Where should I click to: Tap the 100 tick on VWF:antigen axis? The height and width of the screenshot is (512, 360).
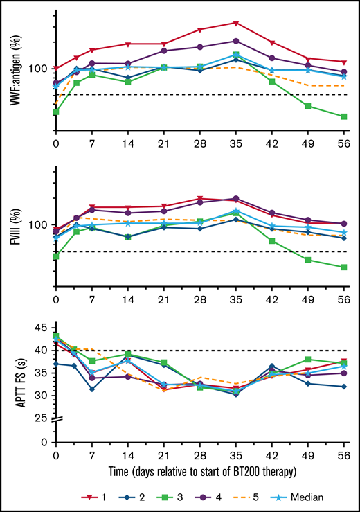(x=37, y=69)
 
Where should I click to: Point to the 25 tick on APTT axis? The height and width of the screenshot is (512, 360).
(x=42, y=418)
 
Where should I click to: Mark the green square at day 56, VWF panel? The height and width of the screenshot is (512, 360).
(x=343, y=116)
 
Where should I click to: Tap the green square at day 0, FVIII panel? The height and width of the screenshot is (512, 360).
(x=55, y=256)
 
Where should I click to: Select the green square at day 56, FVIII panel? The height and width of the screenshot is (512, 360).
(x=343, y=267)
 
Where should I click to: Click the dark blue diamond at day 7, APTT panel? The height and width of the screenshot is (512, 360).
(x=91, y=389)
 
